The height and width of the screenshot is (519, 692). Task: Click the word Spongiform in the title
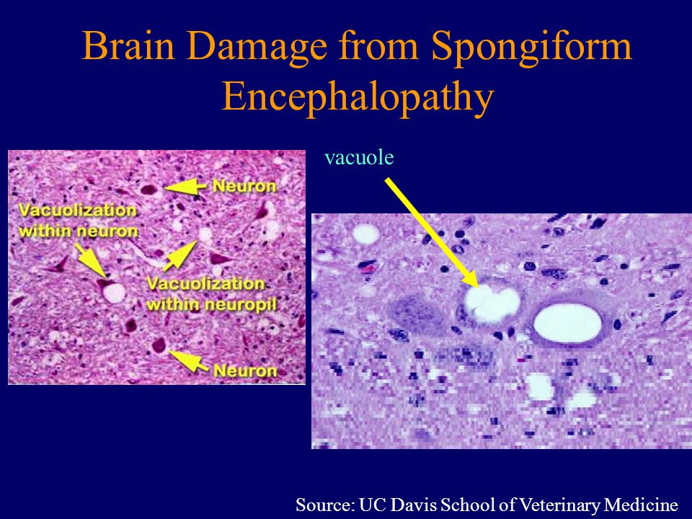pos(532,48)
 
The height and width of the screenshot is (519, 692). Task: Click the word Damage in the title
pos(249,48)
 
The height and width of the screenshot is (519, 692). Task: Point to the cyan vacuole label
pos(359,157)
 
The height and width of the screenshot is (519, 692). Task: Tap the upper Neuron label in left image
pos(244,186)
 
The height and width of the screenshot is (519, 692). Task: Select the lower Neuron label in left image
pos(244,371)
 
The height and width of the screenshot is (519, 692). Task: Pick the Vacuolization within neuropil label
pos(211,293)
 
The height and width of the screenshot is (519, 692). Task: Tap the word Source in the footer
pos(322,503)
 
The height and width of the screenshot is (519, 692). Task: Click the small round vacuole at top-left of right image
pos(365,234)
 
